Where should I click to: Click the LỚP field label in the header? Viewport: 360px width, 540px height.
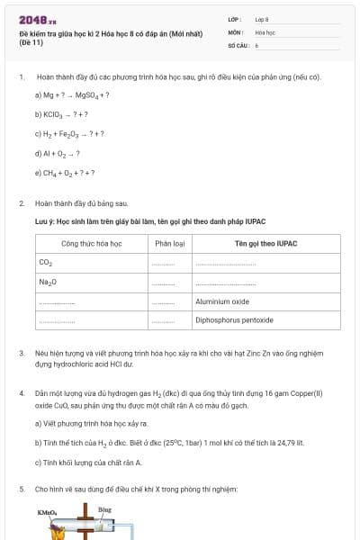pos(235,19)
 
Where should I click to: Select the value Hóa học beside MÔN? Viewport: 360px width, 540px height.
pos(265,31)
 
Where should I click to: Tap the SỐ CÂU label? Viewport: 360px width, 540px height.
pos(238,44)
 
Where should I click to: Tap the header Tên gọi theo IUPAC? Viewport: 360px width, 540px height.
pos(265,244)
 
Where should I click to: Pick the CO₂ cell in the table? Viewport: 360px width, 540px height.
pos(46,263)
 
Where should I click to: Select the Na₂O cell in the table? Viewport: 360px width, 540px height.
pos(48,282)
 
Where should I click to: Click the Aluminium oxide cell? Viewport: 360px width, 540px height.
pos(222,301)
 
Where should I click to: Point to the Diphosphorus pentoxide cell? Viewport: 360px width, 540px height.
pos(234,320)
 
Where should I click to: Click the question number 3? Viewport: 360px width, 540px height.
pos(22,354)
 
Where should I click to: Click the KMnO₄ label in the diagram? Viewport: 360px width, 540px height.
pos(47,512)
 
